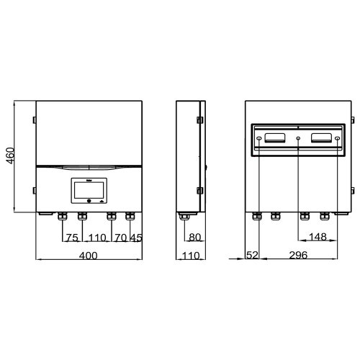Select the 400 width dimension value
pyautogui.click(x=88, y=256)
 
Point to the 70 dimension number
pyautogui.click(x=120, y=237)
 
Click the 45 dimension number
pyautogui.click(x=137, y=237)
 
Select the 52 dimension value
pyautogui.click(x=252, y=256)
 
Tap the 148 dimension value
pyautogui.click(x=318, y=237)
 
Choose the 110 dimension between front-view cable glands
pyautogui.click(x=96, y=237)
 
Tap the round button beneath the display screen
pyautogui.click(x=88, y=201)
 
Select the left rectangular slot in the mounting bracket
pyautogui.click(x=274, y=137)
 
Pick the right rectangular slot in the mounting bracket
pyautogui.click(x=322, y=137)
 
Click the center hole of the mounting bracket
pyautogui.click(x=298, y=137)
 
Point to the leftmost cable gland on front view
pyautogui.click(x=63, y=215)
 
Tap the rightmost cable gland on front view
pyautogui.click(x=130, y=215)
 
